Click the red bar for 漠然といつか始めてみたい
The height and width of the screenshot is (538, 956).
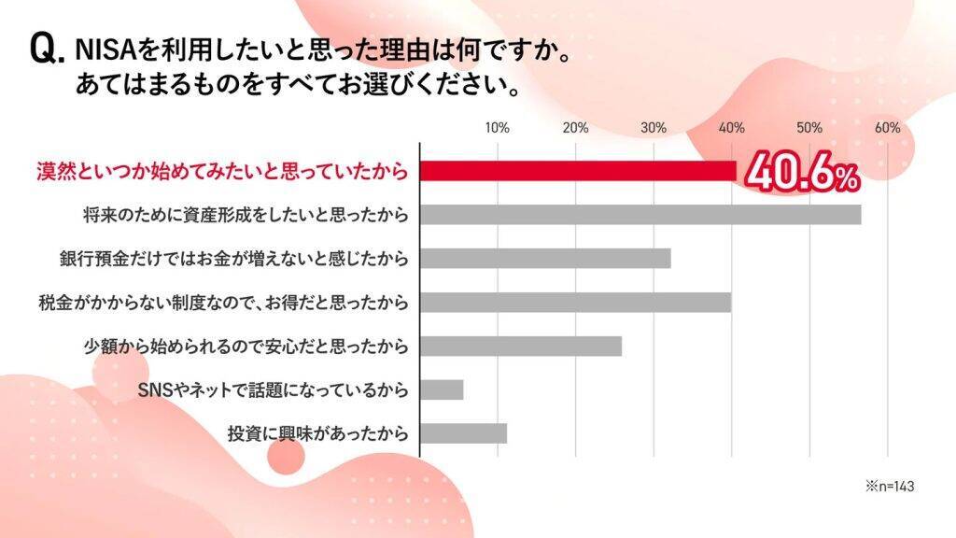(x=578, y=171)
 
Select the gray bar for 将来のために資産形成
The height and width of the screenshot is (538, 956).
(x=640, y=215)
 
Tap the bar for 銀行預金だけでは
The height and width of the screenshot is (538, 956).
(x=545, y=259)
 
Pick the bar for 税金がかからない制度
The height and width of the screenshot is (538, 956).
(x=575, y=303)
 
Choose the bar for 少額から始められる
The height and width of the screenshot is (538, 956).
(x=521, y=347)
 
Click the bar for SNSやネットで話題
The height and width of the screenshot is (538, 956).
(x=442, y=389)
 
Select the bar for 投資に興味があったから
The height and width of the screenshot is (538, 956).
(x=464, y=433)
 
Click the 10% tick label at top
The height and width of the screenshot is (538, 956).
(x=498, y=128)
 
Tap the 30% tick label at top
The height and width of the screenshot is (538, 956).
(x=654, y=128)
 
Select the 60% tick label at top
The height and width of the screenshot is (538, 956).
(x=887, y=128)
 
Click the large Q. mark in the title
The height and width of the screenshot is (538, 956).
(x=48, y=49)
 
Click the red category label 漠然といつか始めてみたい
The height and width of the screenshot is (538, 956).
(x=222, y=172)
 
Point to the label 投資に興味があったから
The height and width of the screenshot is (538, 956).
(x=317, y=433)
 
